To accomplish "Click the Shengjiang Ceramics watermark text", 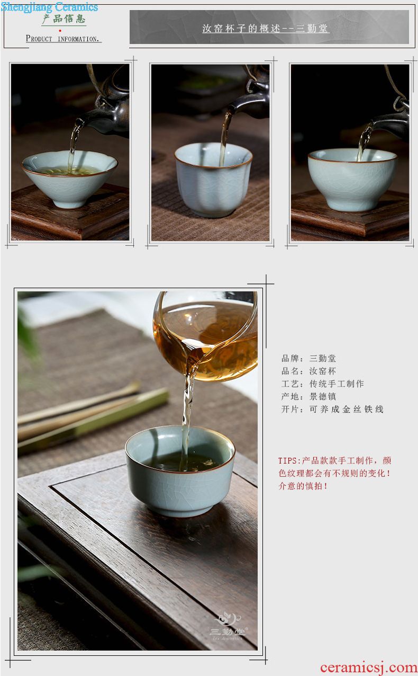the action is pos(49,7).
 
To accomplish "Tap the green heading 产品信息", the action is pos(63,19).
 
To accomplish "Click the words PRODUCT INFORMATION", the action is pos(62,39).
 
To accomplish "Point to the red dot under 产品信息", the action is pos(60,31).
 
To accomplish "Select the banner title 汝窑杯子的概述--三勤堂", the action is pos(265,29).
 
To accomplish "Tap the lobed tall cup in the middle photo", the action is pos(213,180).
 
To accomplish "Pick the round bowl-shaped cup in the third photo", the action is pos(352,179).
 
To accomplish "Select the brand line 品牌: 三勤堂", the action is pos(308,358).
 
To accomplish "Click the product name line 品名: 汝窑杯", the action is pos(308,371).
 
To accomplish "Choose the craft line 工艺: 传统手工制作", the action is pos(322,384).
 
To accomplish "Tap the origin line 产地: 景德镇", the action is pos(308,396).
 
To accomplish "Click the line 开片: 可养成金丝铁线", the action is pos(332,409).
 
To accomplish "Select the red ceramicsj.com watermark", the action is pos(369,667).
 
